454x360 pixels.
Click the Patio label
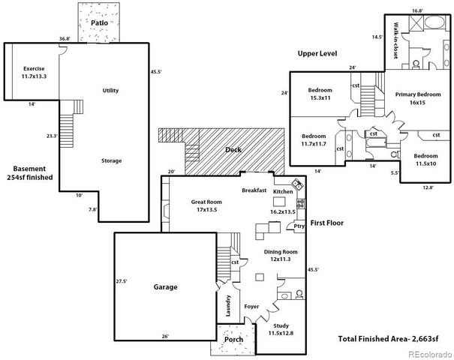pyautogui.click(x=99, y=22)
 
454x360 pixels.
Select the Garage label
pyautogui.click(x=165, y=287)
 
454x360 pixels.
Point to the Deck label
pyautogui.click(x=233, y=149)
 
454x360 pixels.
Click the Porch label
pyautogui.click(x=234, y=340)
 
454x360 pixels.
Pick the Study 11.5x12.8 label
pyautogui.click(x=281, y=329)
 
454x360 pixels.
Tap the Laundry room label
pyautogui.click(x=228, y=305)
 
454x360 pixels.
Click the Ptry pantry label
pyautogui.click(x=299, y=226)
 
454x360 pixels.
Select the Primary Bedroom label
pyautogui.click(x=418, y=94)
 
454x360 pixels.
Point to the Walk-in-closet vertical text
pyautogui.click(x=395, y=40)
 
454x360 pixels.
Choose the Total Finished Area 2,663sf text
pyautogui.click(x=388, y=338)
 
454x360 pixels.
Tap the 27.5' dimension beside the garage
pyautogui.click(x=122, y=281)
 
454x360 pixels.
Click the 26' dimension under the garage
pyautogui.click(x=165, y=336)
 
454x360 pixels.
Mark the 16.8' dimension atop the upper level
pyautogui.click(x=417, y=10)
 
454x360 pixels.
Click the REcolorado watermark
pyautogui.click(x=430, y=354)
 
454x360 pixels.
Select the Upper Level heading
pyautogui.click(x=317, y=53)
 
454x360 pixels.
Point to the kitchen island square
pyautogui.click(x=279, y=202)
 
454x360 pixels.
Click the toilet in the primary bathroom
pyautogui.click(x=416, y=64)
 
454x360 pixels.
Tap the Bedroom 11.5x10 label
pyautogui.click(x=425, y=160)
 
